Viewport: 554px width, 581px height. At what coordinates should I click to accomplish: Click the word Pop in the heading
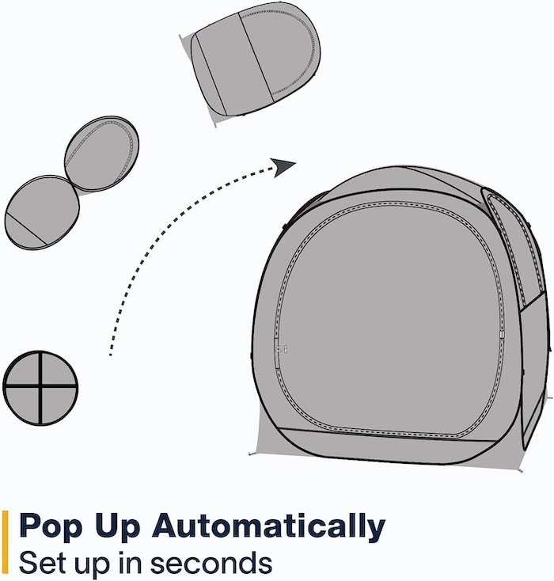coord(51,526)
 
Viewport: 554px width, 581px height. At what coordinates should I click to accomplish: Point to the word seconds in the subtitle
coord(211,564)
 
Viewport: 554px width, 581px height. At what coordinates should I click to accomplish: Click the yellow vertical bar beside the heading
coord(6,541)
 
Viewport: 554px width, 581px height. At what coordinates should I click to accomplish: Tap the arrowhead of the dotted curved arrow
coord(283,168)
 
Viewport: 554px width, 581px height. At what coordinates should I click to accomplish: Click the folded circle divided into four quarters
coord(40,388)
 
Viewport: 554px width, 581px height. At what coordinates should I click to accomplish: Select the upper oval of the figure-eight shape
coord(102,154)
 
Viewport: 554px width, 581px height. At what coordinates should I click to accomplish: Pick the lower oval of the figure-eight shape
coord(42,212)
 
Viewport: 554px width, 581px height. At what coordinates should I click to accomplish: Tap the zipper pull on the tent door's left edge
coord(282,348)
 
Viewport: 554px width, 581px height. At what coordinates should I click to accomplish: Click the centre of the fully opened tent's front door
coord(389,320)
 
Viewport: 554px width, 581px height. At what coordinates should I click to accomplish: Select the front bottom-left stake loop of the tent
coord(251,454)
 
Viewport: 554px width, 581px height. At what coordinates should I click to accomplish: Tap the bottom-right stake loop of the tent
coord(520,470)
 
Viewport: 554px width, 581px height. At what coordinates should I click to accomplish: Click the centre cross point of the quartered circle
coord(40,386)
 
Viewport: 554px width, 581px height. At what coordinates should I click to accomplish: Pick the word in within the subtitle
coord(131,563)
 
